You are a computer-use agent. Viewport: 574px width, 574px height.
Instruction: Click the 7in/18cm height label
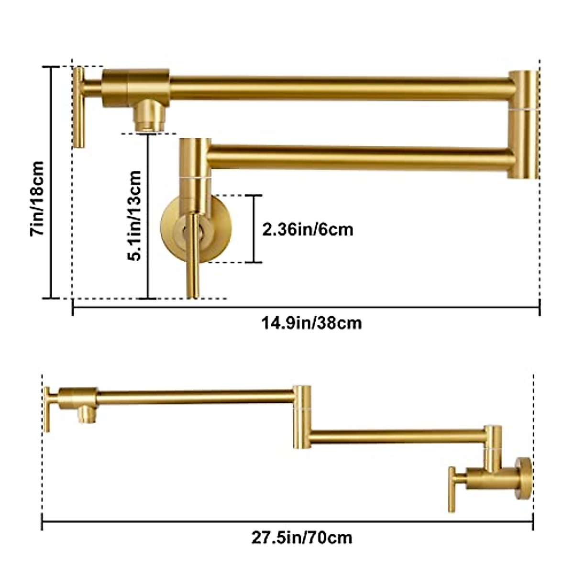[37, 198]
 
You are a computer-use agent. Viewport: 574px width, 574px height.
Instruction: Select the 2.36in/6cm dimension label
[308, 230]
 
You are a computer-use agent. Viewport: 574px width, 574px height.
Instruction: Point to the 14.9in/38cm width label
[311, 323]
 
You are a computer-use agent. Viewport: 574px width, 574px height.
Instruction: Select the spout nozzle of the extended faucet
[87, 414]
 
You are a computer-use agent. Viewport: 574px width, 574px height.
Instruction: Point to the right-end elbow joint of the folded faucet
[524, 124]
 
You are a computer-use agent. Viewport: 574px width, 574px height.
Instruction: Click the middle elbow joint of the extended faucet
[302, 417]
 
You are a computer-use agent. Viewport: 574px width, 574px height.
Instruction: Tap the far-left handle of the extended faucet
[47, 409]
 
